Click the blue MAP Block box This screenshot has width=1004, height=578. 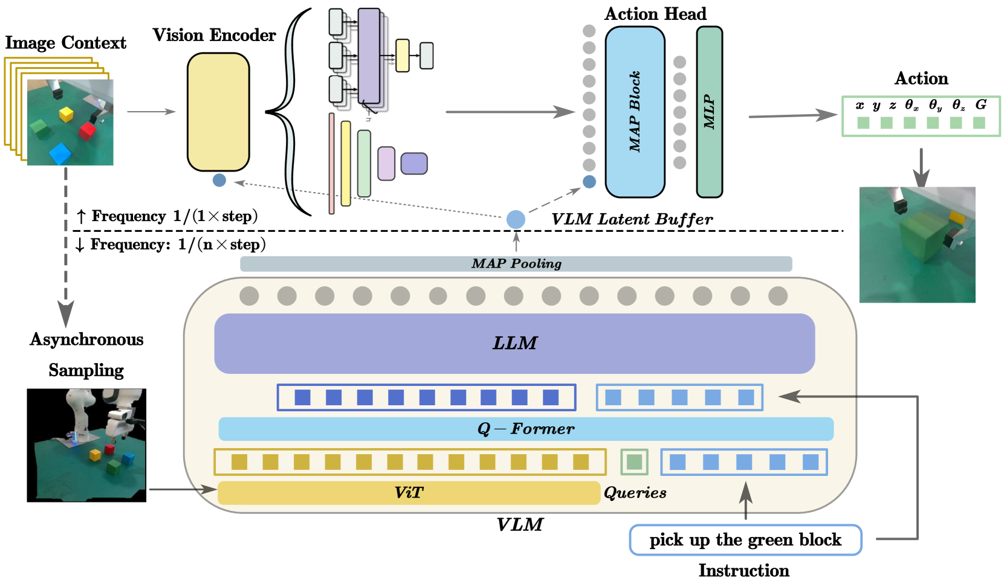coord(635,112)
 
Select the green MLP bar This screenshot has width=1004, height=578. coord(709,112)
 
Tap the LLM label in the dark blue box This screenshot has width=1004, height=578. coord(514,343)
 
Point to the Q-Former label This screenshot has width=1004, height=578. coord(526,429)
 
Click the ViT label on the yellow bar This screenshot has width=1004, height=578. coord(409,493)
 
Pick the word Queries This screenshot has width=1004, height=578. coord(635,493)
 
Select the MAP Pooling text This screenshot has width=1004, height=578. coord(516,264)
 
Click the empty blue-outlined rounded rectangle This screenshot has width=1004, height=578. coord(745,540)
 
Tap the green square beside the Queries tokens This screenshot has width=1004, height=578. coord(634,462)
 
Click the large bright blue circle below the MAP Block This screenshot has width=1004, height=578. coord(516,219)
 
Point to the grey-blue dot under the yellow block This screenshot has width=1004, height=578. coord(219,180)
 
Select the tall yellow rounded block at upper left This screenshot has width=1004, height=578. coord(218,112)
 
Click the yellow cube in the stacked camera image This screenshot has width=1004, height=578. coord(66,114)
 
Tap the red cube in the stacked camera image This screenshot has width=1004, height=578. coord(87,130)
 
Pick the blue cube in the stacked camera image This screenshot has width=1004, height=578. coord(60,153)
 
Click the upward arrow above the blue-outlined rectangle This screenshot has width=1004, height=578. coord(746,496)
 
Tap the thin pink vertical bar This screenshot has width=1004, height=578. coord(331,163)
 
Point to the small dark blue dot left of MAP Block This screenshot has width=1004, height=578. coord(589,181)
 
